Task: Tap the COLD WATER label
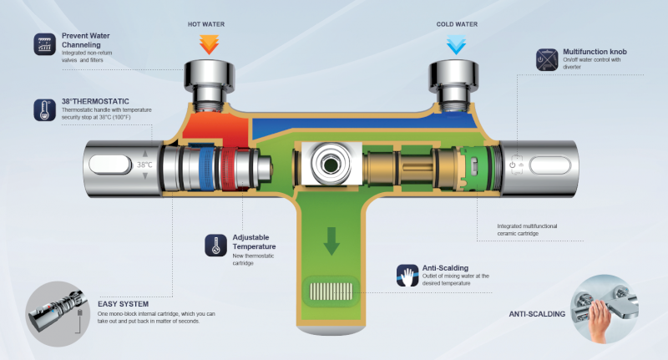tap(458, 24)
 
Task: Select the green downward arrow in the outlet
tap(332, 241)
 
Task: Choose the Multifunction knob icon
tap(549, 59)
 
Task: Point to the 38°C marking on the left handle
tap(145, 165)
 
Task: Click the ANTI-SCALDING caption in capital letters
tap(537, 314)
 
